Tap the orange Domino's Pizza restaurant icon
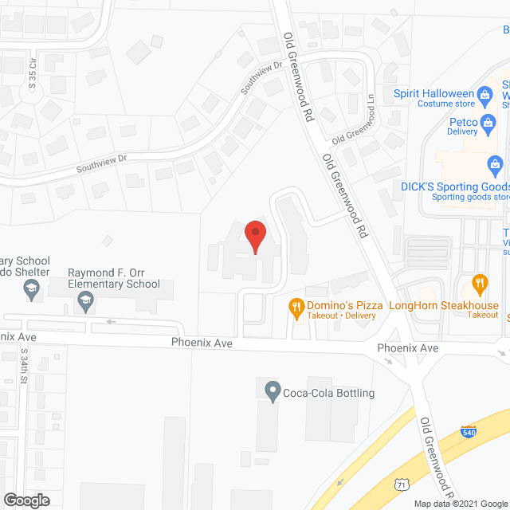coord(296,306)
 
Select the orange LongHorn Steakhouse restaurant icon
coord(480,282)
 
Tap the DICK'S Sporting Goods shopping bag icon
coord(496,166)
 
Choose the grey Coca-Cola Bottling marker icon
coord(272,391)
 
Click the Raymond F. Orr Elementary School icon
coord(84,300)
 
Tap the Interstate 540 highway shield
coord(469,431)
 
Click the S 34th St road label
coord(25,363)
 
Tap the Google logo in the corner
coord(26,500)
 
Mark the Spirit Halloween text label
coord(433,92)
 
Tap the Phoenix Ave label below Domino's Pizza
coord(202,342)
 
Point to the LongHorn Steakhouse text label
coord(443,305)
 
